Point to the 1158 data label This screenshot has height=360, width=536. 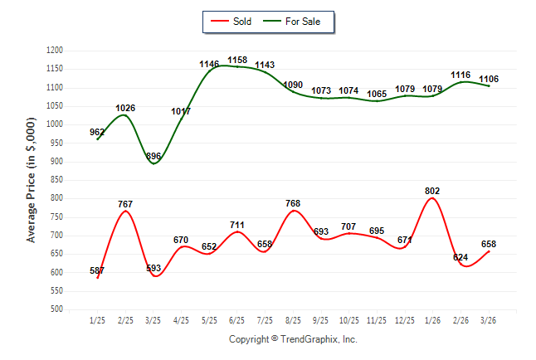click(x=237, y=60)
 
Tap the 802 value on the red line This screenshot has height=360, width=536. click(x=432, y=190)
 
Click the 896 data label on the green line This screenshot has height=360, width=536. click(x=154, y=156)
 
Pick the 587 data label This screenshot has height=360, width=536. click(x=98, y=270)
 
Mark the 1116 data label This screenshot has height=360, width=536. click(x=460, y=75)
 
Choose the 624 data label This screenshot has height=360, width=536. click(x=460, y=257)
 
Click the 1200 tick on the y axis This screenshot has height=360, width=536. click(x=56, y=51)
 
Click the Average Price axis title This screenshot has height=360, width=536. click(x=32, y=179)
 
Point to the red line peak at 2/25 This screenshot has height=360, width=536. click(x=125, y=211)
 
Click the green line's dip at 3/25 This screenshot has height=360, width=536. click(x=153, y=163)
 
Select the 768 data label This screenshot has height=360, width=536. click(x=294, y=203)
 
